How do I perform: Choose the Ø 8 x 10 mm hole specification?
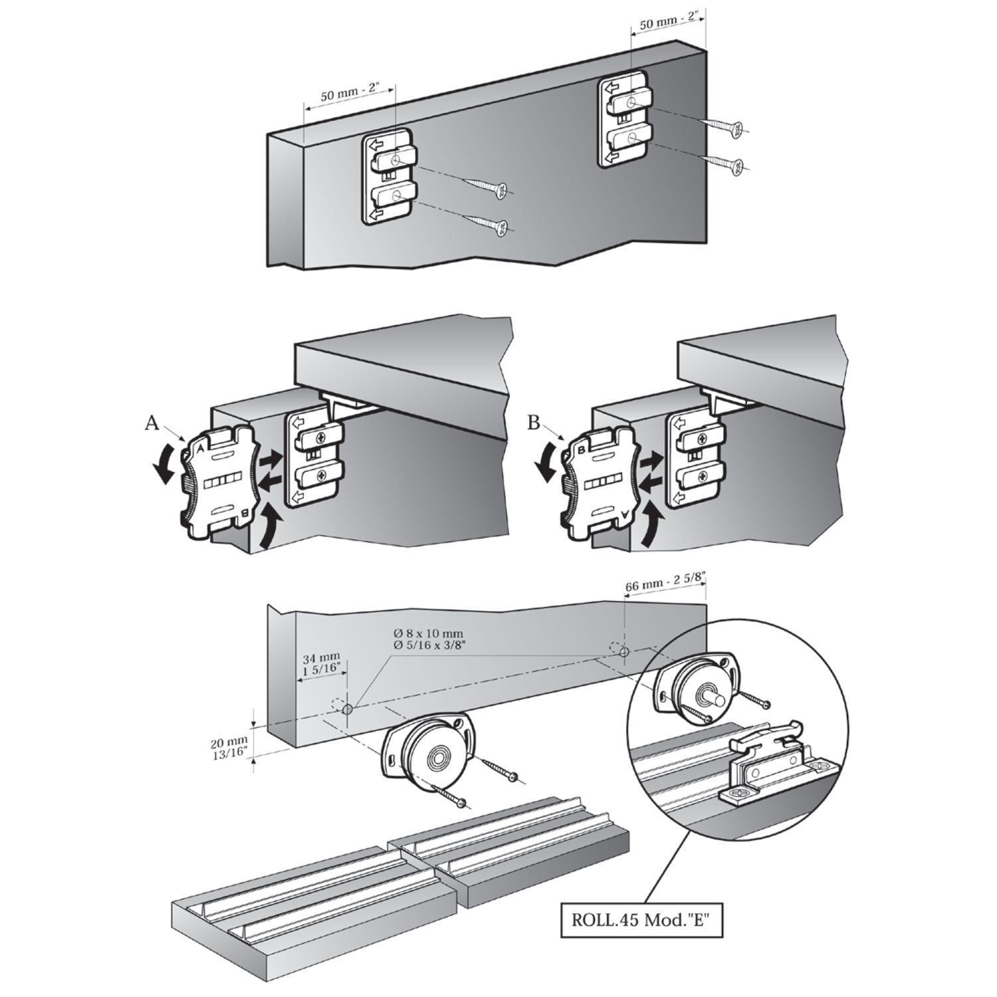click(x=428, y=638)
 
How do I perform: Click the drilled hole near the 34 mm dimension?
click(x=347, y=709)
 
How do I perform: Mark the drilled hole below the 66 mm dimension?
click(x=624, y=653)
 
